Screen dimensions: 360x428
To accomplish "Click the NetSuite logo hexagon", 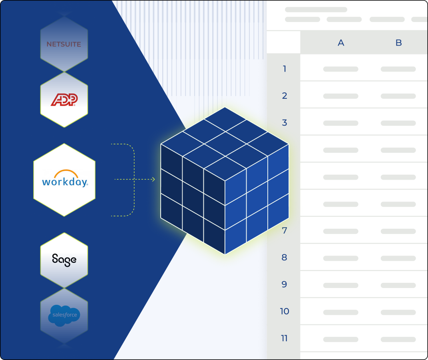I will click(x=64, y=44).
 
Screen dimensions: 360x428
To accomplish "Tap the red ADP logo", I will click(x=64, y=100).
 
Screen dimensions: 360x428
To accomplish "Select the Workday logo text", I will click(x=65, y=182).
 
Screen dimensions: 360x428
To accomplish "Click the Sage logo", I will click(x=64, y=260).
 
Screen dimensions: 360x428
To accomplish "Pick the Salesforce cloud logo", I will click(x=64, y=316).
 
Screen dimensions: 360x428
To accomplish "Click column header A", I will click(x=341, y=43).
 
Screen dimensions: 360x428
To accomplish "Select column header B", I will click(x=398, y=43).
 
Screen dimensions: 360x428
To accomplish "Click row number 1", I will click(x=285, y=69).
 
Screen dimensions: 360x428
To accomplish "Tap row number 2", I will click(x=285, y=96).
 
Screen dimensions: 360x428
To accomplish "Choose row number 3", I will click(x=285, y=123).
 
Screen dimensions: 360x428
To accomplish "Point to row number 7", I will click(x=285, y=231).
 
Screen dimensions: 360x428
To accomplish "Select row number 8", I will click(x=285, y=258).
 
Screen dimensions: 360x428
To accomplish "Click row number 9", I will click(x=285, y=284).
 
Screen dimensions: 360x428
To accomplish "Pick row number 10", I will click(x=285, y=311).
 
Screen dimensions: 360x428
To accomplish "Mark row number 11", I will click(x=285, y=338).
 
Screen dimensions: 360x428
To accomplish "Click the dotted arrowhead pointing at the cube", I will click(x=153, y=180).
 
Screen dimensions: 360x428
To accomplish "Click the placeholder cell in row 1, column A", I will click(x=340, y=69).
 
